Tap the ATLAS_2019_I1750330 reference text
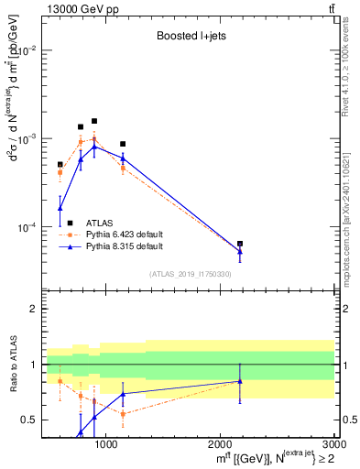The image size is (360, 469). point(190,273)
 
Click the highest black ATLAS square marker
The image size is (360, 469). point(94,121)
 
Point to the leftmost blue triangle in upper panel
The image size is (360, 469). point(60,208)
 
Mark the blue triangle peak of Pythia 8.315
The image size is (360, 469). point(94,147)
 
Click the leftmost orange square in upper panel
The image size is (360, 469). point(60,172)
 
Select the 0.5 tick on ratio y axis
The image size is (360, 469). point(29,420)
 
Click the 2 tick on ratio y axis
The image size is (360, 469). point(33,310)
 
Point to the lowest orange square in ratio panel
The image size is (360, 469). point(123,414)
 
